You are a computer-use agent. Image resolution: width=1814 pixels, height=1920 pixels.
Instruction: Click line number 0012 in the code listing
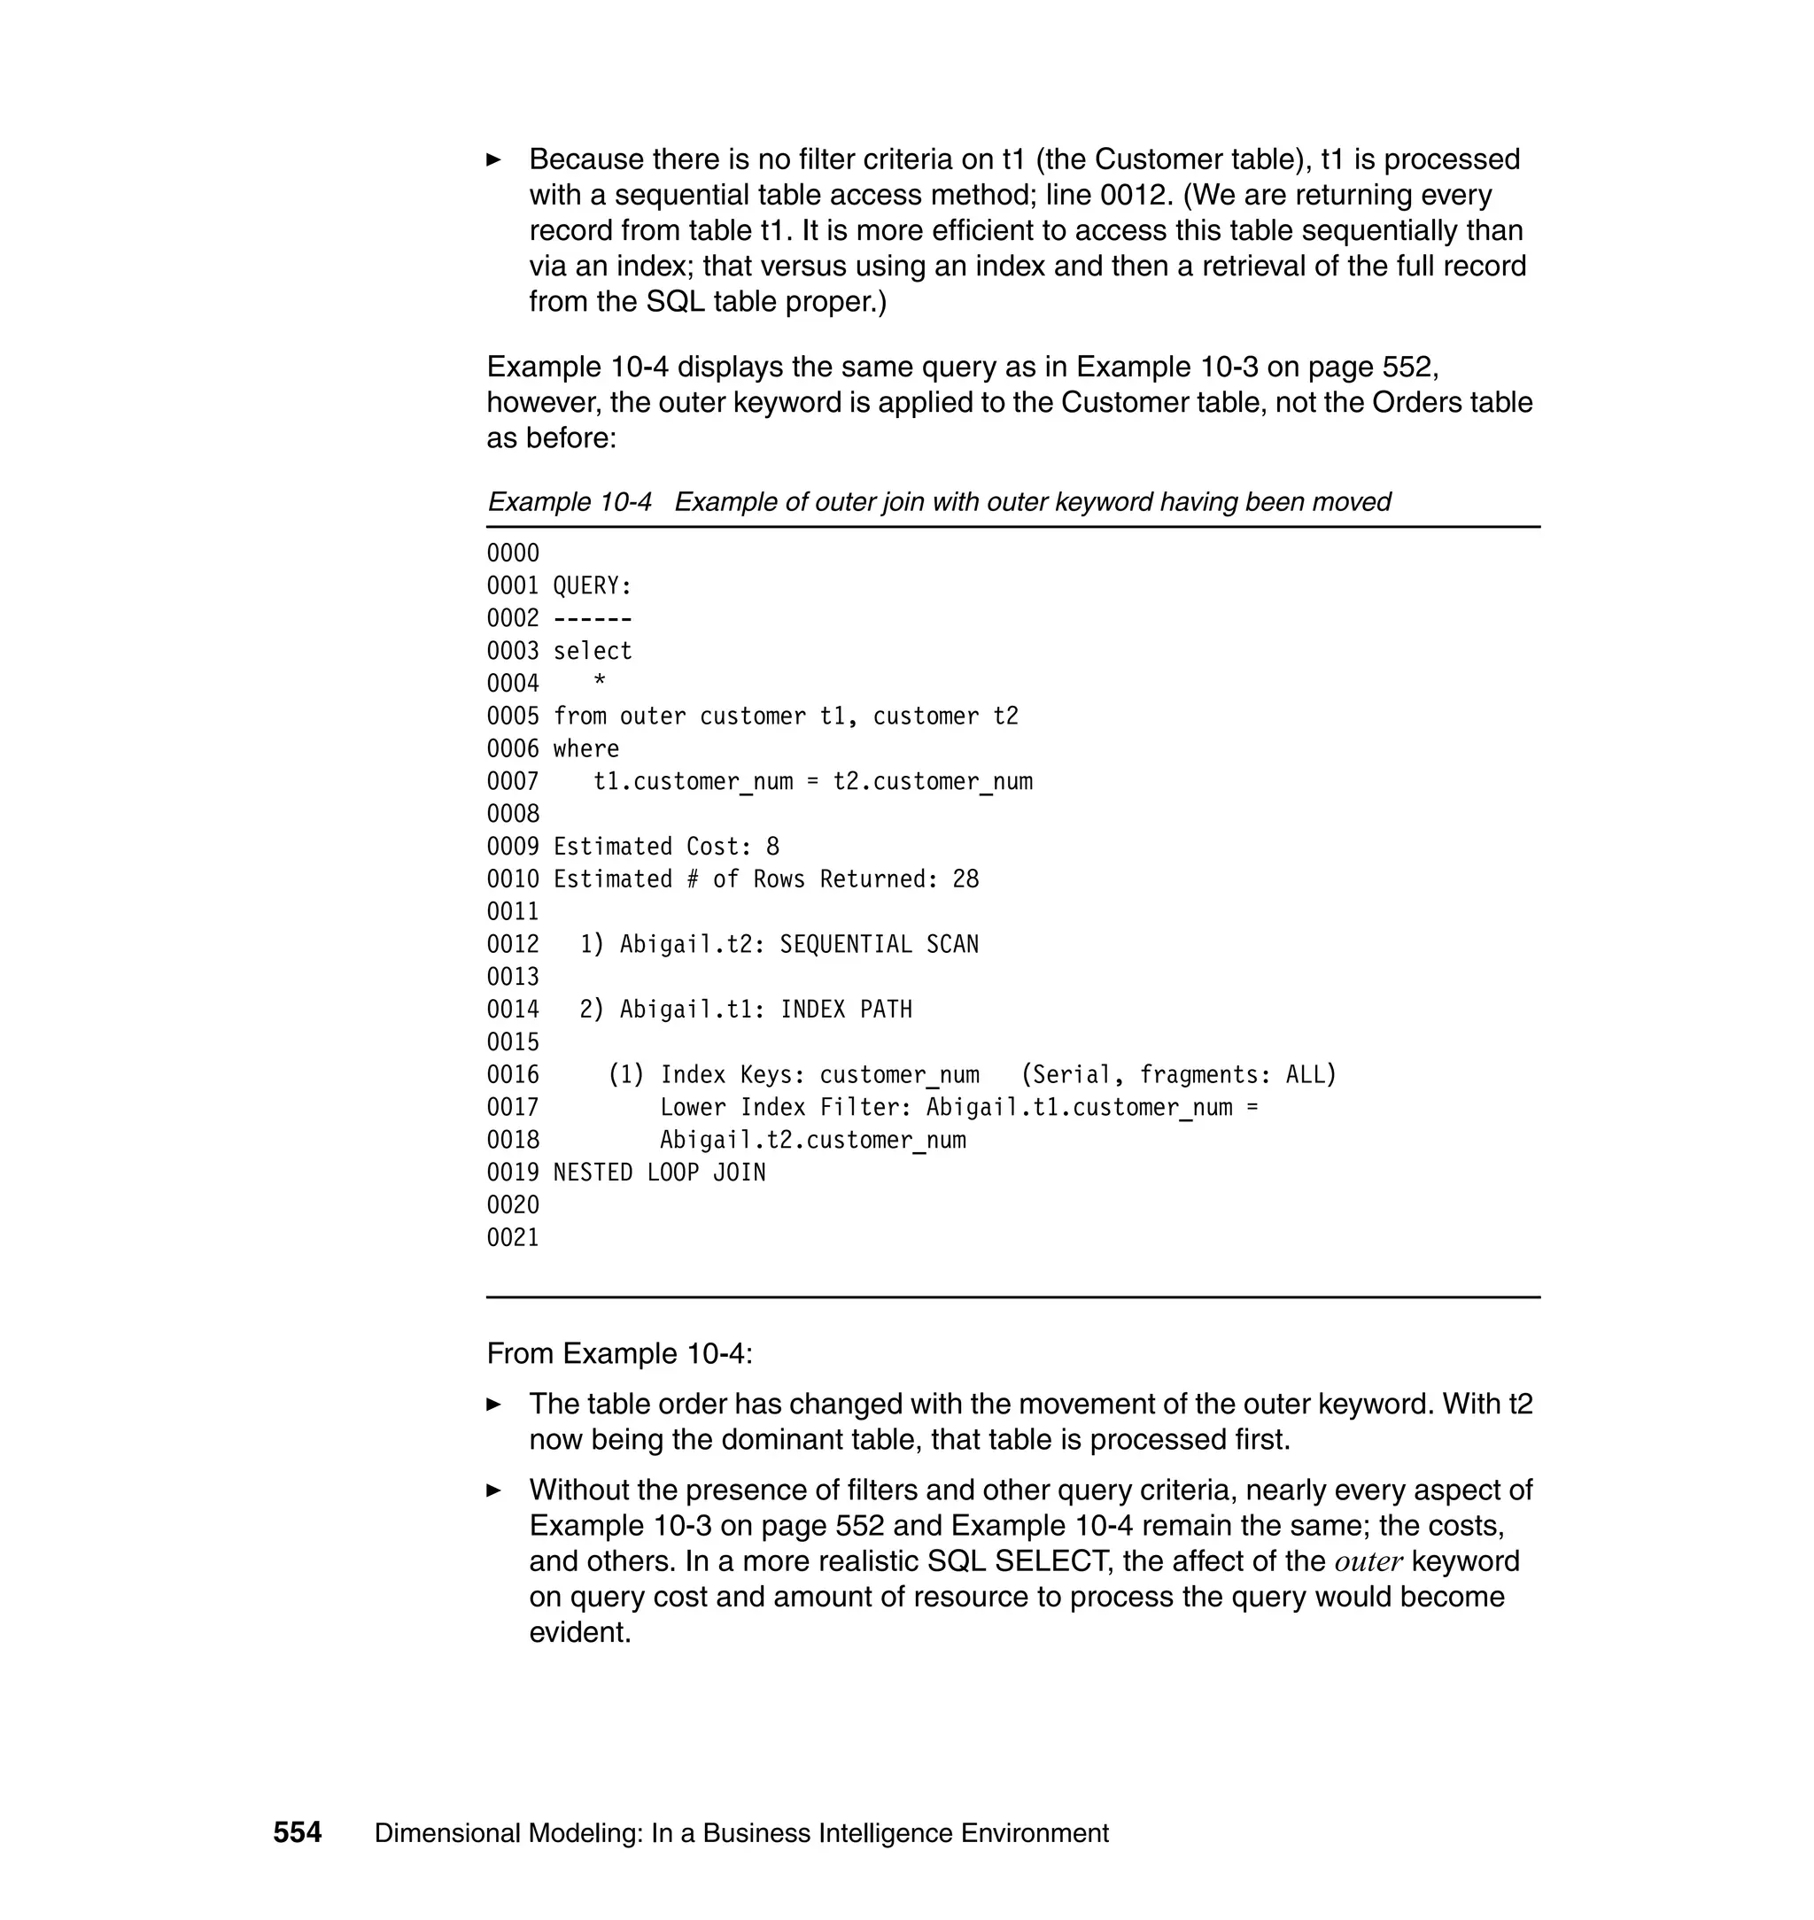(513, 945)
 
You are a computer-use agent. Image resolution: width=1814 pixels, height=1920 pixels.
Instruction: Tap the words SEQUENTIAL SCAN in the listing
(878, 945)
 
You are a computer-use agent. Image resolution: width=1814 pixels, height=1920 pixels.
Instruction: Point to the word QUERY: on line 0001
(592, 586)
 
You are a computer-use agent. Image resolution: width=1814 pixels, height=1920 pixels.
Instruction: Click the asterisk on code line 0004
(600, 682)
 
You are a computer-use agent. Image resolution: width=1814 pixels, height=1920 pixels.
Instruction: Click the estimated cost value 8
(771, 847)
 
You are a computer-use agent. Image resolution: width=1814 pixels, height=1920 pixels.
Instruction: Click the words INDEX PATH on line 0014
(846, 1010)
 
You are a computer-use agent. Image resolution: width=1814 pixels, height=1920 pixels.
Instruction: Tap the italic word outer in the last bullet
(1368, 1562)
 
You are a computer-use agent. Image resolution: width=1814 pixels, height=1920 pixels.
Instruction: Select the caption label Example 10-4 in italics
(569, 502)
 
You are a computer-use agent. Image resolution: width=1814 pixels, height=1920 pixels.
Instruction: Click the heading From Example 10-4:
(619, 1353)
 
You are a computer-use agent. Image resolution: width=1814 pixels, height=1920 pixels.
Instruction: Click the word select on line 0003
(592, 651)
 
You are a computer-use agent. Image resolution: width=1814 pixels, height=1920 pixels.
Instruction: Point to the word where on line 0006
(586, 749)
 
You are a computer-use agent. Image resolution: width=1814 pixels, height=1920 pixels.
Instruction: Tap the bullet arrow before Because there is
(493, 159)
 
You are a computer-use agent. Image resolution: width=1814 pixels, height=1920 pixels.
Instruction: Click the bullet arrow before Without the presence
(493, 1490)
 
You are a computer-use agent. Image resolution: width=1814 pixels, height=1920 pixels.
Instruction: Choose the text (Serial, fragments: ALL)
(1178, 1075)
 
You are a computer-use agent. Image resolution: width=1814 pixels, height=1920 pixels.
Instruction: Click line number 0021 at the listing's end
(513, 1237)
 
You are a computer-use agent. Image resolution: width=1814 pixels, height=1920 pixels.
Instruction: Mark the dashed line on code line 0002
(592, 619)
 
